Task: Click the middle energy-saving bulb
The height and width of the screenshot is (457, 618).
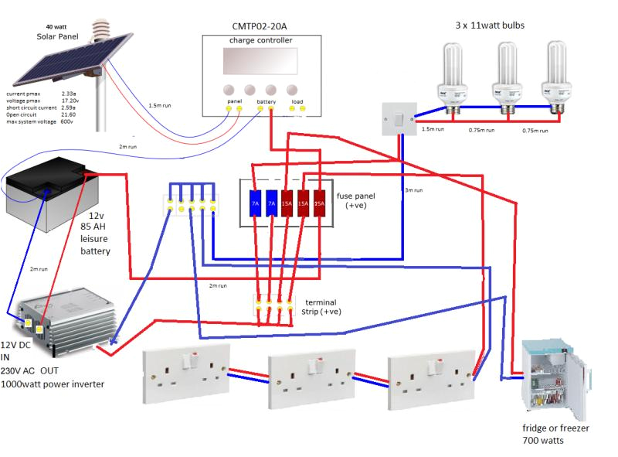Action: (x=508, y=77)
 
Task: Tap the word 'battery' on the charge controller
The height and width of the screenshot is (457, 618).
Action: (x=267, y=101)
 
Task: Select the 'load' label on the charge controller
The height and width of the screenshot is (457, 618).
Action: (x=297, y=101)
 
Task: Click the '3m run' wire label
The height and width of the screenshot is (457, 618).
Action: (x=415, y=189)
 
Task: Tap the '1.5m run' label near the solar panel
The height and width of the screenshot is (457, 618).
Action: (x=160, y=104)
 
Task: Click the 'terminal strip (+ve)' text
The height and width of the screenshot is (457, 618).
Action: (x=322, y=307)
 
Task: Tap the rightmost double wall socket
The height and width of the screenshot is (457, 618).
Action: (x=430, y=377)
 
